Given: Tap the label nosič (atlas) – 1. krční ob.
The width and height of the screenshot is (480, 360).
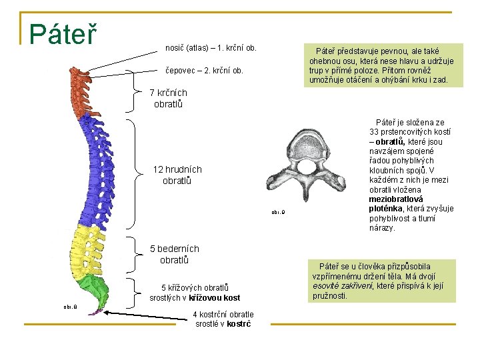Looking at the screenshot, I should [211, 48].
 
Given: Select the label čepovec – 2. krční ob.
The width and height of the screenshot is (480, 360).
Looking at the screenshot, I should [204, 70].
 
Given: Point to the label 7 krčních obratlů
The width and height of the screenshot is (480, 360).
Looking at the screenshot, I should [168, 99].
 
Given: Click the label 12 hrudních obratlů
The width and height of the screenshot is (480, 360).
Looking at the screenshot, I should [177, 175].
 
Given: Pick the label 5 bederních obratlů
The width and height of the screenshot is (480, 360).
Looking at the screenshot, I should [175, 254].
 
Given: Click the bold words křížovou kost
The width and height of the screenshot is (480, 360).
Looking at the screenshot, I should [214, 298].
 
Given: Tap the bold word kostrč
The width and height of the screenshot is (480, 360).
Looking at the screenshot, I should [239, 324].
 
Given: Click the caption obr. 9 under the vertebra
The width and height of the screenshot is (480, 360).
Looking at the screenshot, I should [278, 213].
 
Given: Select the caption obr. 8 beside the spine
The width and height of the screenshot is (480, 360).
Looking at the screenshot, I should [70, 307].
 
